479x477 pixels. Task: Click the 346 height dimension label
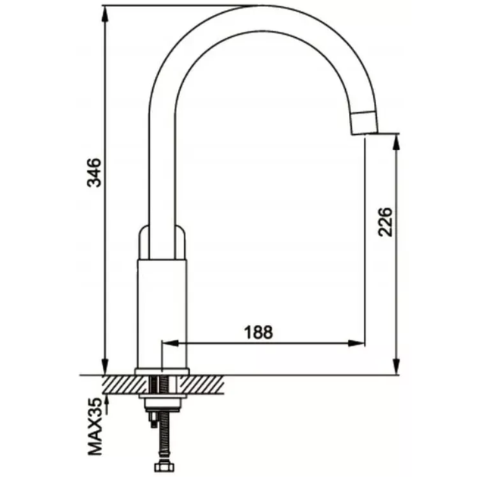94,173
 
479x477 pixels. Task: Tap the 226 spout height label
384,222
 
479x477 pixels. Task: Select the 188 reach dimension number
258,332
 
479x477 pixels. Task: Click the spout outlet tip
365,133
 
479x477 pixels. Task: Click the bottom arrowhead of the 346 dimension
104,366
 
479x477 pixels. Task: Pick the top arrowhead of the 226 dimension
397,143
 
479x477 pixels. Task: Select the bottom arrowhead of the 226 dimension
397,366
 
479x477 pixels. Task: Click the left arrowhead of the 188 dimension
171,344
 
